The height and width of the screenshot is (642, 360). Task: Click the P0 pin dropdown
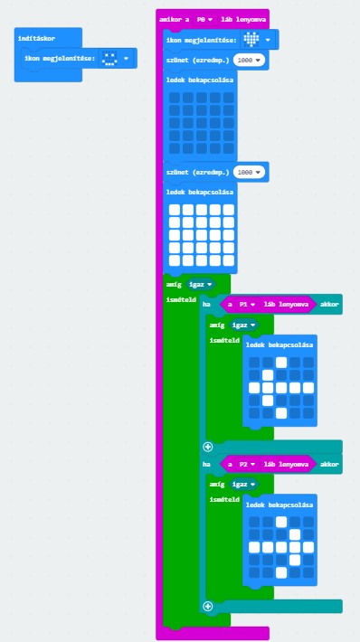click(204, 19)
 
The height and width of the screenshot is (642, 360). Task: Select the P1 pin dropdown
click(247, 304)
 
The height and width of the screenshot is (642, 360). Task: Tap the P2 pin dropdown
click(247, 464)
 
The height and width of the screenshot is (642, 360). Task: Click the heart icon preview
click(251, 40)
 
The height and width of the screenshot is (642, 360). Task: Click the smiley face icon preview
click(109, 59)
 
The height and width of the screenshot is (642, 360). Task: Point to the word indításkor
click(36, 38)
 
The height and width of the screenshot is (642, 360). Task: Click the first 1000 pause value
click(249, 61)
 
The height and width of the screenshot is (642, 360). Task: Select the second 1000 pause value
click(249, 173)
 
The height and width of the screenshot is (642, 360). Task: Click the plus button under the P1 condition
click(208, 447)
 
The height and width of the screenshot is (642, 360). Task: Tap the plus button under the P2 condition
click(208, 606)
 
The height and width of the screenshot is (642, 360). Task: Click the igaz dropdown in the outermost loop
click(201, 284)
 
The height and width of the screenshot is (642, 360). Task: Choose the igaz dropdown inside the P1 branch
click(244, 326)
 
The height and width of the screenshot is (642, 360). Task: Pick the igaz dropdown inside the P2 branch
click(244, 485)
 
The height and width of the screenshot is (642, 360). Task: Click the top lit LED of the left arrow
click(281, 363)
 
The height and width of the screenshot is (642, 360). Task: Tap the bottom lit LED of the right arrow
click(281, 572)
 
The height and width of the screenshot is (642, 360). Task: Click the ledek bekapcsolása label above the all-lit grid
click(200, 192)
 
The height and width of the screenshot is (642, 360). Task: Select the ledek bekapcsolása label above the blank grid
click(200, 80)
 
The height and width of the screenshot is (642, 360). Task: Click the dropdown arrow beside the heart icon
click(268, 40)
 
